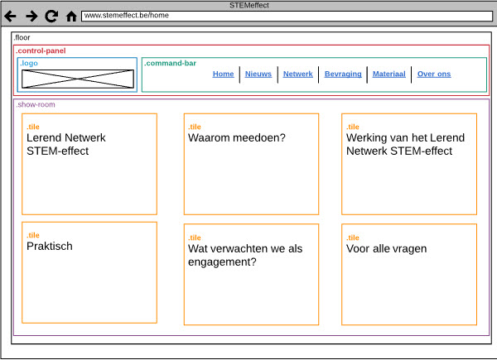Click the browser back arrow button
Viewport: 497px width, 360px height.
tap(10, 17)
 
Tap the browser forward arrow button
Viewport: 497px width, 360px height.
tap(31, 17)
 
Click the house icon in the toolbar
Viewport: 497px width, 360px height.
tap(71, 17)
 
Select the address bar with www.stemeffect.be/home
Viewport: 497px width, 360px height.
tap(287, 17)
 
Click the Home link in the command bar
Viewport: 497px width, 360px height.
tap(223, 74)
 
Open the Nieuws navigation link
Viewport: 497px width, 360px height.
tap(258, 74)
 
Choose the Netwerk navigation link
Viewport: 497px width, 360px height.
tap(298, 74)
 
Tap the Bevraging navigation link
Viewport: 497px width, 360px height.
tap(343, 74)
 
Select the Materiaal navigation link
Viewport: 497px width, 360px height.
tap(389, 74)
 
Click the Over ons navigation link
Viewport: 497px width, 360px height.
tap(434, 74)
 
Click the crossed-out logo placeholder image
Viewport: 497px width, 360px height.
tap(78, 79)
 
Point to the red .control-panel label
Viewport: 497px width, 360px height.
tap(41, 50)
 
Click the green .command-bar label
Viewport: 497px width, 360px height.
tap(170, 63)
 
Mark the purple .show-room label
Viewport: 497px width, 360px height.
tap(36, 104)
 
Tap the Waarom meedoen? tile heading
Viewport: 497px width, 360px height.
tap(237, 137)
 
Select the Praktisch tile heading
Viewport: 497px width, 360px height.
tap(50, 247)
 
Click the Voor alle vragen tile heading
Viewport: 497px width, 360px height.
tap(386, 249)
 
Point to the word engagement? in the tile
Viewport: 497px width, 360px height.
tap(222, 262)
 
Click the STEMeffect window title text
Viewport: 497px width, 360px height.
tap(249, 5)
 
